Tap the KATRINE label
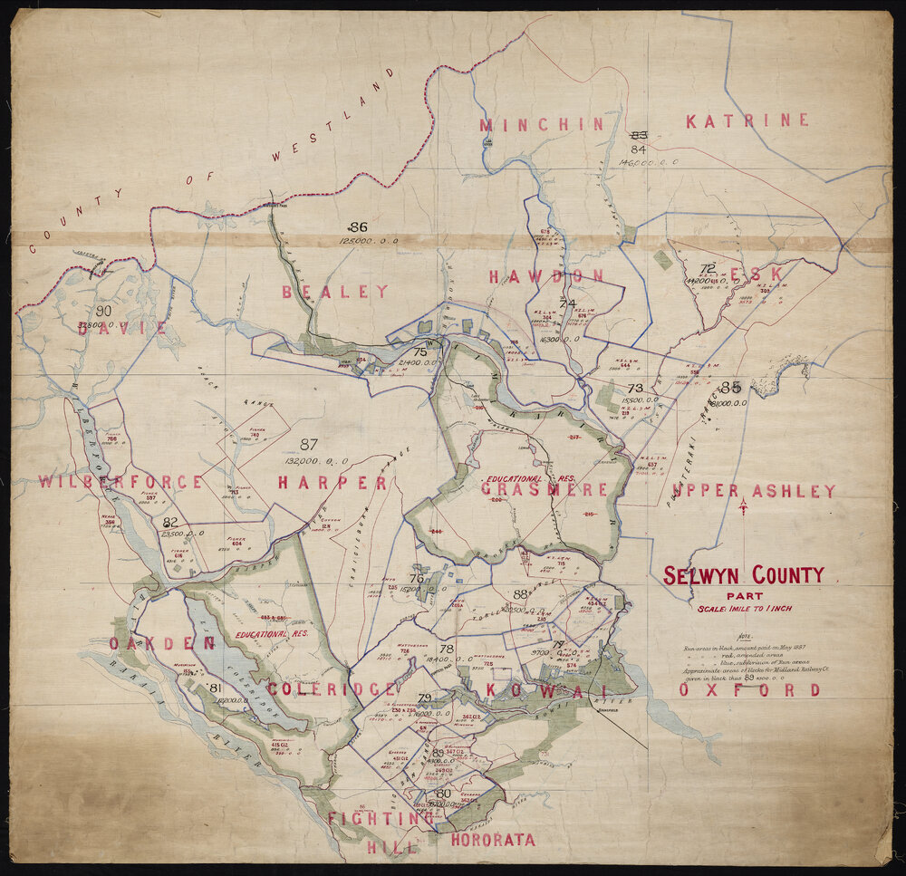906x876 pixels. pyautogui.click(x=747, y=120)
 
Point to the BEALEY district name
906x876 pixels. pyautogui.click(x=334, y=292)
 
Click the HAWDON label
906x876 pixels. pyautogui.click(x=546, y=276)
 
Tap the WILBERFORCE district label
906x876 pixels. pyautogui.click(x=120, y=482)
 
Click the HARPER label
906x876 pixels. pyautogui.click(x=333, y=483)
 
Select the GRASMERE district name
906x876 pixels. pyautogui.click(x=545, y=489)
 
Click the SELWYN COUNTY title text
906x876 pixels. pyautogui.click(x=744, y=575)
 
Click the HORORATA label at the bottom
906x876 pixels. pyautogui.click(x=492, y=840)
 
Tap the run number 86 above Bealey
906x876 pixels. pyautogui.click(x=359, y=226)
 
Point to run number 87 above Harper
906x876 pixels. pyautogui.click(x=309, y=444)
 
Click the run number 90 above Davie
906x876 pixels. pyautogui.click(x=103, y=311)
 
